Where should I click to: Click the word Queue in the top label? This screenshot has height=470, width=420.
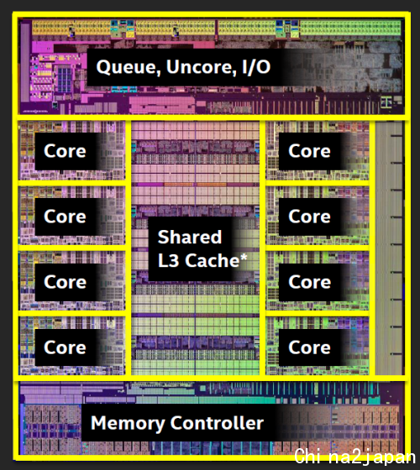pos(128,67)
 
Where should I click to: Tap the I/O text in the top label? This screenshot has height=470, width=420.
pos(256,66)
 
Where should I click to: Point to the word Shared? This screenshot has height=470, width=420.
pos(190,237)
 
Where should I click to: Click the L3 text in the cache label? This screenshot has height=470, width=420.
pos(169,260)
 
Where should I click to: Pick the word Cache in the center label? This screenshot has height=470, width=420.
pos(212,260)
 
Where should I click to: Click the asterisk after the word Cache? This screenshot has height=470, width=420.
pos(244,257)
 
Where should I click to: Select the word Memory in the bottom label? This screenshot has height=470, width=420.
pos(128,424)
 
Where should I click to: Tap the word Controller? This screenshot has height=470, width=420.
pos(217,423)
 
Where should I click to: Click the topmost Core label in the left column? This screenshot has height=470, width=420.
pos(65,151)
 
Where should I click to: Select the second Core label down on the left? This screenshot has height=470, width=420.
pos(65,217)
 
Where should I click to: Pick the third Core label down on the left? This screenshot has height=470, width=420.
pos(65,282)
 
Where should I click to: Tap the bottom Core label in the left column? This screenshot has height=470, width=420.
pos(65,347)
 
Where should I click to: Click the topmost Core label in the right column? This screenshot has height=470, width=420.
pos(309,151)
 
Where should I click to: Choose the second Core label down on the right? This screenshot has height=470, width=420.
pos(309,217)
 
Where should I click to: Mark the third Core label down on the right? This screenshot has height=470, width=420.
pos(309,282)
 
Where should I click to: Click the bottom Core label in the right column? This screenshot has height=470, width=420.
pos(309,347)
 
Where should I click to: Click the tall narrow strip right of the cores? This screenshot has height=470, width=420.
pos(389,248)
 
